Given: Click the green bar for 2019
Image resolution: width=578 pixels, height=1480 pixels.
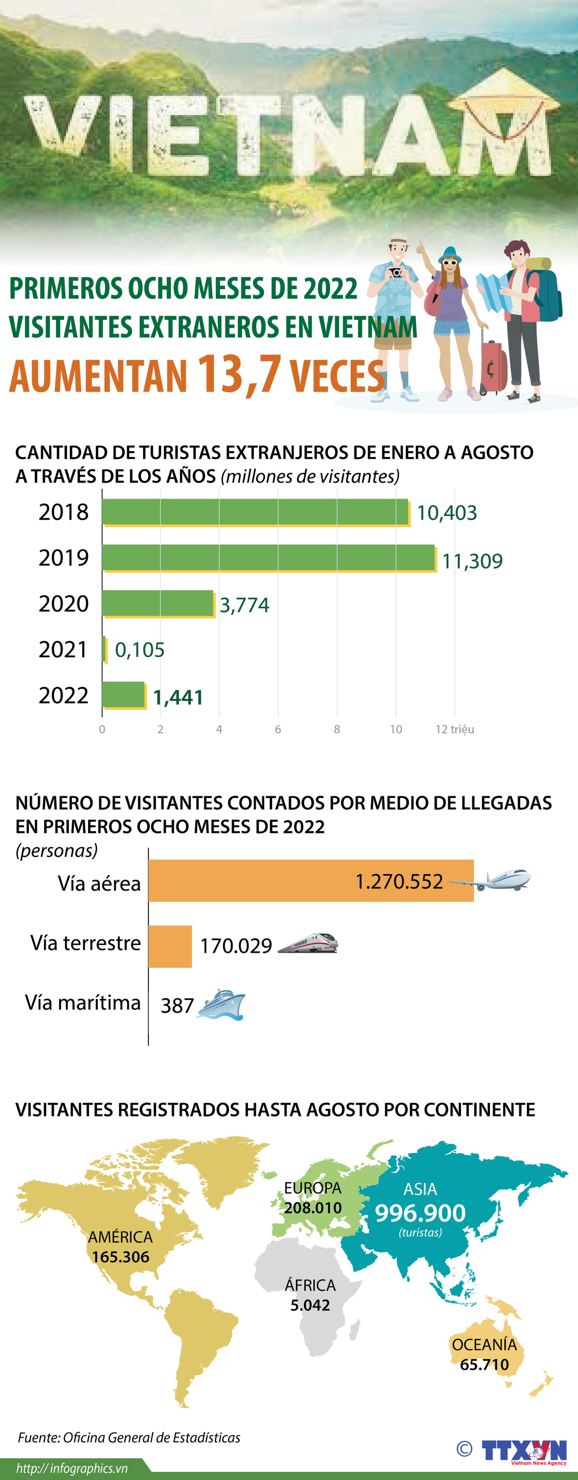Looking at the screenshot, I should [x=269, y=557].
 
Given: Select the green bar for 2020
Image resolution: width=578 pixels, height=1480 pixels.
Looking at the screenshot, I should [x=158, y=603].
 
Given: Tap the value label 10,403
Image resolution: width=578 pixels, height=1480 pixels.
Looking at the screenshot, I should [x=446, y=513].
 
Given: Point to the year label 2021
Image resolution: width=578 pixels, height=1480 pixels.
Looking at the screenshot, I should [x=63, y=650].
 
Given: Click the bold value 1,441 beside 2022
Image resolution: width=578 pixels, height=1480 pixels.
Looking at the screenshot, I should [x=178, y=697].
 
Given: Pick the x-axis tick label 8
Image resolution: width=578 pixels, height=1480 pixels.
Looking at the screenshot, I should [x=337, y=729].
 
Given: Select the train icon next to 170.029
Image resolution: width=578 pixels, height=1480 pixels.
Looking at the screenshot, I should [x=308, y=944].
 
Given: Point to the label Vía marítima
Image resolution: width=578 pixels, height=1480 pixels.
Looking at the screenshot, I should [x=83, y=1003].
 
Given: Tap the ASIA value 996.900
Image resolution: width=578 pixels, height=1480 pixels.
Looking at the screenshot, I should [x=420, y=1213].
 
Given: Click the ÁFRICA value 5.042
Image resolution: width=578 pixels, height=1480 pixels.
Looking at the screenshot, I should [x=310, y=1305].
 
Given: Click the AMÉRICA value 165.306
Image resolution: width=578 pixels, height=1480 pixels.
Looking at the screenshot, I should [x=120, y=1257].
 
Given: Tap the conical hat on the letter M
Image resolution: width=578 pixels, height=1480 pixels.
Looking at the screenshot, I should [x=504, y=92].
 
